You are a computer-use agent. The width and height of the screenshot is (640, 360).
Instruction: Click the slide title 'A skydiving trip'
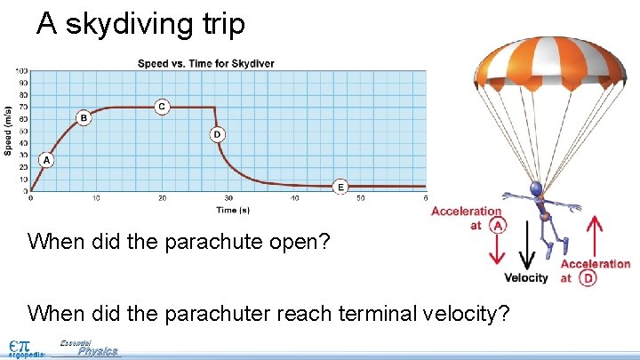(x=140, y=24)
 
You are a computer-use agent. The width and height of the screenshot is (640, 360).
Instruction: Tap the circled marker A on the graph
(x=45, y=160)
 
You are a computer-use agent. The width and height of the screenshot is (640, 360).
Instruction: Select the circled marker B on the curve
(x=84, y=117)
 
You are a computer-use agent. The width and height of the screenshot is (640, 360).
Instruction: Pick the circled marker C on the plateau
(x=161, y=106)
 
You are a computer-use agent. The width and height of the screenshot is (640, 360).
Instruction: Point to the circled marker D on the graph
(x=217, y=134)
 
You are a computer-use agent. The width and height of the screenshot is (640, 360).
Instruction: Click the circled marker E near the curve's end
(x=340, y=187)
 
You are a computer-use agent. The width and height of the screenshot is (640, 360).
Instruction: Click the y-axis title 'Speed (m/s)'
(x=8, y=129)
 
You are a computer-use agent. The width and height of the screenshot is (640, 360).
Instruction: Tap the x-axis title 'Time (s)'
(x=227, y=210)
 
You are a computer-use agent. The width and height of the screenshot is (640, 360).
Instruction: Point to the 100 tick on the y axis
(x=20, y=70)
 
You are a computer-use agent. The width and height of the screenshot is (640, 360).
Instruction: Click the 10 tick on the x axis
(x=96, y=198)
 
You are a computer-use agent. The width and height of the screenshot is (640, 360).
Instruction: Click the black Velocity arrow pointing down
(x=527, y=244)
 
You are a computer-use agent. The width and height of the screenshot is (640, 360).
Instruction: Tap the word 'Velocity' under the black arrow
(x=526, y=278)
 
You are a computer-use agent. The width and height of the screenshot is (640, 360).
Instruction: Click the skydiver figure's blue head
(x=536, y=188)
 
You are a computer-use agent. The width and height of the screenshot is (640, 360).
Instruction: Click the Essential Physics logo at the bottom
(x=89, y=348)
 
